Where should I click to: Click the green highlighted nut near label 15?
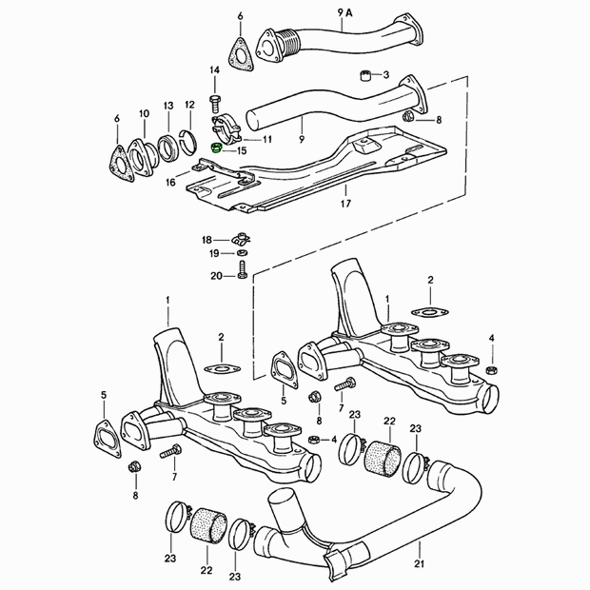(x=217, y=147)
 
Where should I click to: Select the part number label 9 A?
(x=344, y=12)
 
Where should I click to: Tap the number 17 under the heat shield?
(x=345, y=204)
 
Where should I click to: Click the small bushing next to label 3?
(x=364, y=75)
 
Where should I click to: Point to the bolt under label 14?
(x=214, y=104)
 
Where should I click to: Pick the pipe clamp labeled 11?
(x=226, y=129)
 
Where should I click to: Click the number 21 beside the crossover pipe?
(x=419, y=563)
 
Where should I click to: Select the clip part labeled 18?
(x=242, y=239)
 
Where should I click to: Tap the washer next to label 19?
(x=243, y=252)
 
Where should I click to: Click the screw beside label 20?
(x=242, y=270)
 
